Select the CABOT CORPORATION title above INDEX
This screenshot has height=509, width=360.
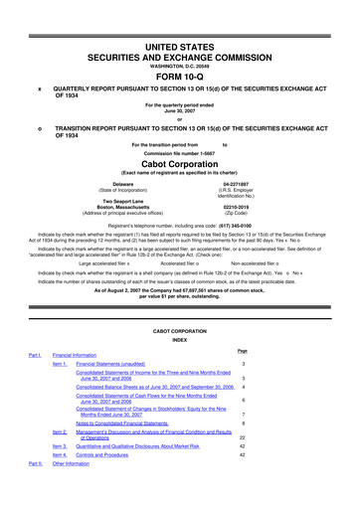pyautogui.click(x=179, y=331)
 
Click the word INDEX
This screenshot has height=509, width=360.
pyautogui.click(x=179, y=340)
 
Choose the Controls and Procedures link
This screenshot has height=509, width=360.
pyautogui.click(x=114, y=456)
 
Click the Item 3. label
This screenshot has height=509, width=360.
pyautogui.click(x=60, y=447)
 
